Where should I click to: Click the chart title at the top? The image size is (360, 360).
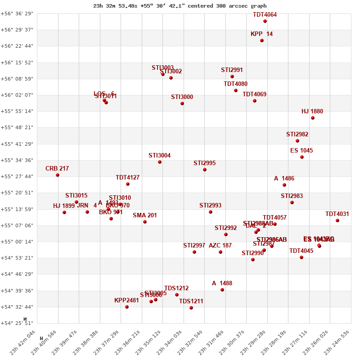tap(180, 6)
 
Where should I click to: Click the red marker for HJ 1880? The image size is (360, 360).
tap(313, 118)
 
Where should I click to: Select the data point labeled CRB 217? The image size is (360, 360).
tap(58, 175)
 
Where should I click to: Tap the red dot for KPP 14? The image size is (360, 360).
tap(262, 40)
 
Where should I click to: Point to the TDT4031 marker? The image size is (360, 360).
tap(337, 220)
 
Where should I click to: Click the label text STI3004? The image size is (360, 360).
tap(160, 156)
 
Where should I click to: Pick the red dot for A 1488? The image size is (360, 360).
tap(222, 290)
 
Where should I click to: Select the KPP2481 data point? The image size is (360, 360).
tap(127, 307)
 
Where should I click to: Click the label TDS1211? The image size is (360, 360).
tap(191, 301)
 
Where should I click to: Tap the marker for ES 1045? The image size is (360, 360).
tap(302, 157)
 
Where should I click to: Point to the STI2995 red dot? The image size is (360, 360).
tap(205, 170)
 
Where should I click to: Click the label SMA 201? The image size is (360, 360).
tap(145, 216)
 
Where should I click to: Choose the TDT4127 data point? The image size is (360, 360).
tap(128, 184)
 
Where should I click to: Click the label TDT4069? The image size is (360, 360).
tap(255, 94)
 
